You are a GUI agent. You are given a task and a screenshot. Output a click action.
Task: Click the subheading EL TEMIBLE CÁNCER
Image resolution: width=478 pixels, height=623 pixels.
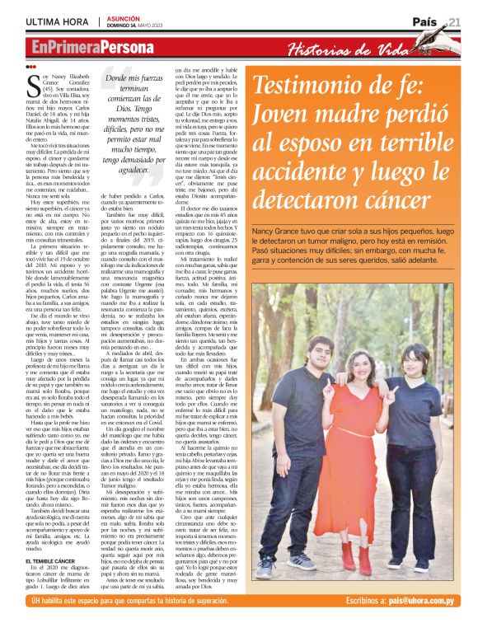[x=52, y=514]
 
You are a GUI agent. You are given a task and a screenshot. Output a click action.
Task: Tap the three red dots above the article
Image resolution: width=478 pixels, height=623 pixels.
[x=31, y=67]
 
